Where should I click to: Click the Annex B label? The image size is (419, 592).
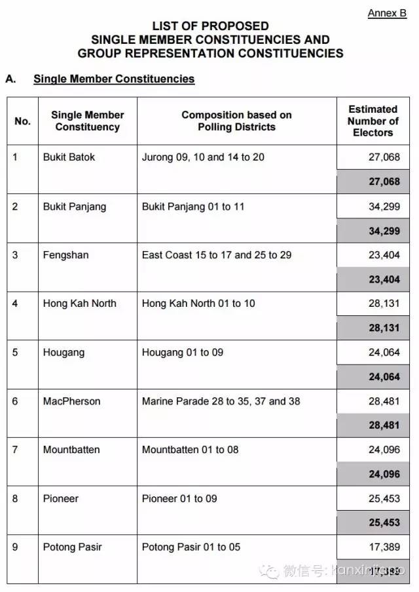(387, 13)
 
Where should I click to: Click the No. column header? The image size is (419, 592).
(22, 121)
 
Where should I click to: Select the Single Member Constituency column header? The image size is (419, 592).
(88, 121)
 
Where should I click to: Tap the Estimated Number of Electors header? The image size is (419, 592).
(373, 121)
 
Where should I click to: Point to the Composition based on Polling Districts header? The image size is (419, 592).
(236, 121)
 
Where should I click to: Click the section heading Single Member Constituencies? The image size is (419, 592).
(114, 79)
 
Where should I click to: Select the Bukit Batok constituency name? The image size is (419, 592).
(69, 157)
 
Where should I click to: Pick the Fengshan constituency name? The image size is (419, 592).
(65, 255)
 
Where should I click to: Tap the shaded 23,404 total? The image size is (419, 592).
(384, 279)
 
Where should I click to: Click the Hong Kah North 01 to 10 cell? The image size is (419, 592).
(198, 304)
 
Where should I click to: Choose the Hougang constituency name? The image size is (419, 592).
(64, 352)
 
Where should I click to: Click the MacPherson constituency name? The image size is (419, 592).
(72, 401)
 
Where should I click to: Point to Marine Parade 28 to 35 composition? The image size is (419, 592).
(221, 401)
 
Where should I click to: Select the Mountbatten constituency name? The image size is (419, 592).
(71, 450)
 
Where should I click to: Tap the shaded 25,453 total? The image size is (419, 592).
(384, 523)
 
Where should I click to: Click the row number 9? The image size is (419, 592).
(16, 547)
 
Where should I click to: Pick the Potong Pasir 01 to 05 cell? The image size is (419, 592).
(191, 547)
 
